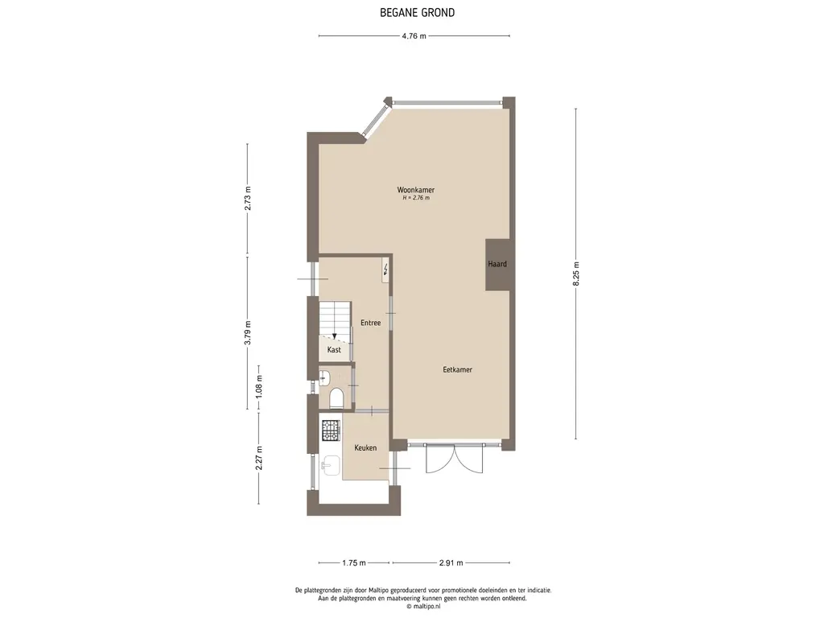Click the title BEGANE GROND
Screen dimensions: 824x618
tap(418, 13)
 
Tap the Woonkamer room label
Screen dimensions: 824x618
tap(416, 190)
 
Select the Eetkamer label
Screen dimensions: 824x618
tap(457, 369)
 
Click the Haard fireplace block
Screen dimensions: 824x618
tap(497, 264)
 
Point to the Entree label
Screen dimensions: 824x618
tap(370, 323)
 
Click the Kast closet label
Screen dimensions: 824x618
tap(334, 349)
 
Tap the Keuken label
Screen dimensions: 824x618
tap(365, 447)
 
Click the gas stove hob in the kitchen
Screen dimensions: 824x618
tap(331, 431)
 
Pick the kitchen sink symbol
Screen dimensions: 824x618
tap(332, 465)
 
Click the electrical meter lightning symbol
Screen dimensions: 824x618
tap(386, 270)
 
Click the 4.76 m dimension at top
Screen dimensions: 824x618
tap(414, 36)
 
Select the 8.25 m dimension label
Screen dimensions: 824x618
tap(576, 274)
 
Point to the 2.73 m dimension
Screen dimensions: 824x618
tap(248, 198)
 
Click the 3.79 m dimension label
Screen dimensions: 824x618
tap(248, 332)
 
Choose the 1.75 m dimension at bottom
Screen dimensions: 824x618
tap(354, 562)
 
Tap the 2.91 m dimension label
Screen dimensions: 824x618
tap(451, 562)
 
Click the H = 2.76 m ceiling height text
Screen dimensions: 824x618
tap(416, 198)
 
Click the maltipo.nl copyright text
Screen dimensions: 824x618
tap(423, 606)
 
